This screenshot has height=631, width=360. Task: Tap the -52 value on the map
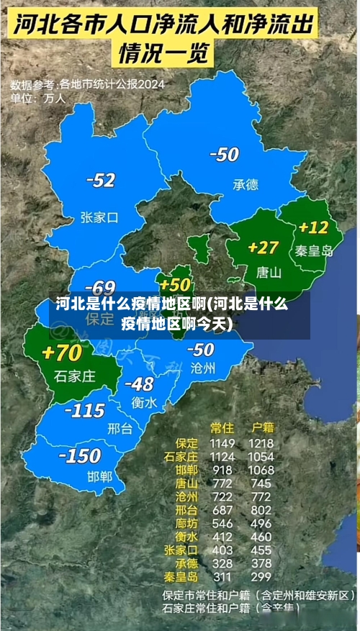coord(100,180)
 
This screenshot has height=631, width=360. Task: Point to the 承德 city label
coord(245,185)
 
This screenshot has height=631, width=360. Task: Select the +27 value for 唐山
coord(263,248)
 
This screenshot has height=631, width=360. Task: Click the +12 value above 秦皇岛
coord(313,227)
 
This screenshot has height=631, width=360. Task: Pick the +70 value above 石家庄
coord(62,353)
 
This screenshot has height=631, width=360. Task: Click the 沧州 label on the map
coord(202,368)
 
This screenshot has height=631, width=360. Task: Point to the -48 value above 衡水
coord(139,383)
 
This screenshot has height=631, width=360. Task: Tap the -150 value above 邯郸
coord(79,455)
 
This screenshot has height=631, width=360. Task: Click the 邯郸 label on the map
coord(99,476)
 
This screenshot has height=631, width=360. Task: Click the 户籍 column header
coord(260,427)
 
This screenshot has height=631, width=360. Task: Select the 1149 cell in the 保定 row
coord(222,442)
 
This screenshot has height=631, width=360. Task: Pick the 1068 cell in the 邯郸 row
coord(261,470)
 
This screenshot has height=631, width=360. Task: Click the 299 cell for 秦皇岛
coord(261,576)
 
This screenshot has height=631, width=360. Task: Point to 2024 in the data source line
coord(151,84)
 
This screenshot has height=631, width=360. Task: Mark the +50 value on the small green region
coord(176,285)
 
